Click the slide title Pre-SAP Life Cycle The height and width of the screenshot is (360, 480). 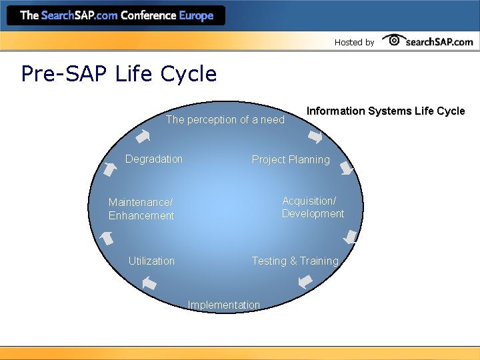coord(119,73)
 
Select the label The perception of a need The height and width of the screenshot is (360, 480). coord(225,120)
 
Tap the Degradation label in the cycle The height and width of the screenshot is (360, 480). coord(154,159)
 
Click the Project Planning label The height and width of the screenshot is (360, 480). coord(290,160)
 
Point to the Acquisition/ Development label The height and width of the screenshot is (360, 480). coord(313,207)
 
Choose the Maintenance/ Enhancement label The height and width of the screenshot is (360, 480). coord(141,209)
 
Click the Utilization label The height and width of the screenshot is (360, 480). coord(151,261)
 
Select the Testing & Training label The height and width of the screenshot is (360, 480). coord(295,261)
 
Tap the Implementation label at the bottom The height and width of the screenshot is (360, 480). coord(224,305)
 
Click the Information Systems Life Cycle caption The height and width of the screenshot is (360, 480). coord(385,111)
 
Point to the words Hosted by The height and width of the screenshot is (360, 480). coord(354,42)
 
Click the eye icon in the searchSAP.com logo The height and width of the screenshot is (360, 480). coord(393,40)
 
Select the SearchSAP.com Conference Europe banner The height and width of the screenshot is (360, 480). coord(117,15)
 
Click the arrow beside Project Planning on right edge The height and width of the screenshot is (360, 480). coord(347,168)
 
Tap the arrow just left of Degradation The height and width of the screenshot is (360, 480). coord(109,168)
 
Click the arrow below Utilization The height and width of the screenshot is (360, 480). coord(149,283)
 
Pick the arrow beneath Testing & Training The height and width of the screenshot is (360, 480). coord(305,281)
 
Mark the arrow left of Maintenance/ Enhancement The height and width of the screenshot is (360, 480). coord(105,237)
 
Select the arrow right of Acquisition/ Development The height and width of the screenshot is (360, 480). coord(351,237)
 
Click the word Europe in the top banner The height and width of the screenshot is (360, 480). coord(197,15)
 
